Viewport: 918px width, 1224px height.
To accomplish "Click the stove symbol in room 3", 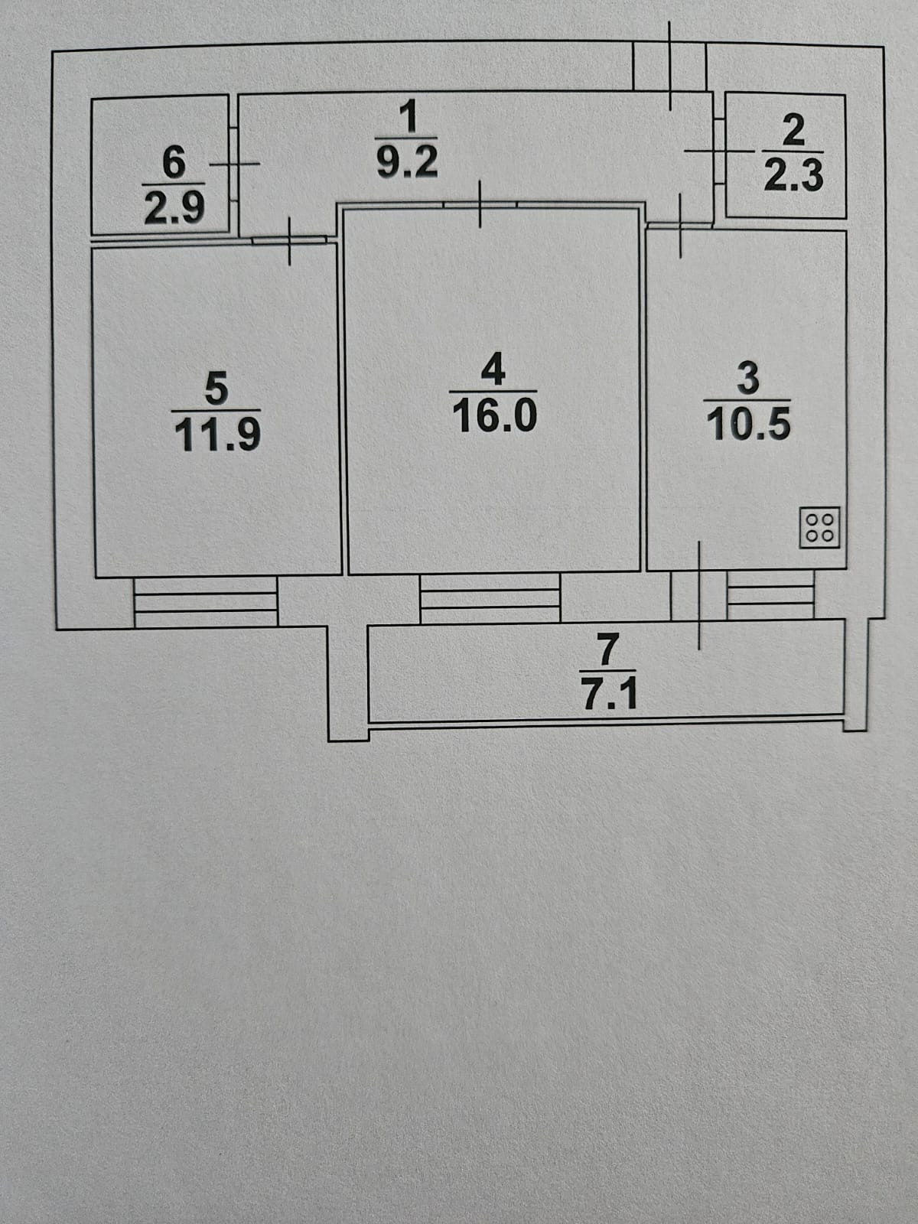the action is pos(820,527).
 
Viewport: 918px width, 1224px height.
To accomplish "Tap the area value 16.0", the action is pos(495,416).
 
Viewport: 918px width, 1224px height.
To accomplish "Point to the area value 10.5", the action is pos(748,425).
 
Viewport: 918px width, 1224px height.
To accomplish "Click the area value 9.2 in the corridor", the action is pos(409,162).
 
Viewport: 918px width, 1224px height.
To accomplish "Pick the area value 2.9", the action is pos(174,207).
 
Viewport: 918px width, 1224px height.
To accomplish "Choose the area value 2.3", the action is pos(794,176).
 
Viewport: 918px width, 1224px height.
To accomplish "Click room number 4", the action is pos(494,370).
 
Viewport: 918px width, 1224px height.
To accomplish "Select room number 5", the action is pos(216,388).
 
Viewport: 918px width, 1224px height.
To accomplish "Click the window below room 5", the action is pos(205,601).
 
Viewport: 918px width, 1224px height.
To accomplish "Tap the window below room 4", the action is pos(490,599).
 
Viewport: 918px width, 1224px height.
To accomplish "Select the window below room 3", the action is pos(770,597).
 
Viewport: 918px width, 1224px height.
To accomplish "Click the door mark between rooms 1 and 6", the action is pos(235,163).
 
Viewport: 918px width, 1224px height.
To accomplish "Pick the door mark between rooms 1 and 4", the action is pos(480,204).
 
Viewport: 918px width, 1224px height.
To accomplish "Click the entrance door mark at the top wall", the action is pos(670,65).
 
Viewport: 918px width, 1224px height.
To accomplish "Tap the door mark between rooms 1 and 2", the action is pos(718,151).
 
